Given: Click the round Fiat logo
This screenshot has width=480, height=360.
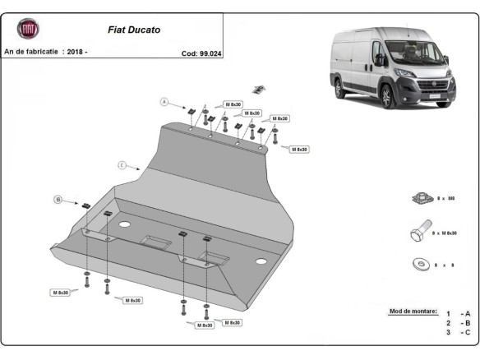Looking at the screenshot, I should coord(29,30).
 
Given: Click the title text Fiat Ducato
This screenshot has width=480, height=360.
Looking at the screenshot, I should coord(135,30).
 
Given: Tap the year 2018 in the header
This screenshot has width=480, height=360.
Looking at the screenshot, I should coord(76,52).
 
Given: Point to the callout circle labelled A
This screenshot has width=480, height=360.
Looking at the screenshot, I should coord(164,102).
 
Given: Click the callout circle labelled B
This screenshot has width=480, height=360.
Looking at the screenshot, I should coord(58,199).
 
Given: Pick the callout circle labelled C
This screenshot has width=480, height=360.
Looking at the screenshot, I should coord(122,165).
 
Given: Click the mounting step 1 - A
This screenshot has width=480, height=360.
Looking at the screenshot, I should coord(458,314).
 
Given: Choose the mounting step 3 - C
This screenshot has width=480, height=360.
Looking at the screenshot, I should coord(458,332).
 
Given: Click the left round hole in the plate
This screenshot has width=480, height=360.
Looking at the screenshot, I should coord(125,224).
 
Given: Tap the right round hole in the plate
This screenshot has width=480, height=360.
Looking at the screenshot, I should coord(261,261).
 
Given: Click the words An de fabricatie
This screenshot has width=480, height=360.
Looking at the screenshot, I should coord(31,52).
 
